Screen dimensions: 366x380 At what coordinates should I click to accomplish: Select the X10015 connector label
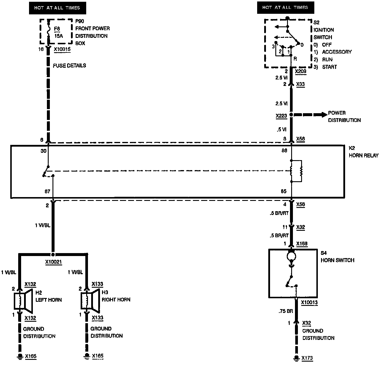coord(62,49)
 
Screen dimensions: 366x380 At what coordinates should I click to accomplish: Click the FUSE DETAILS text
coord(69,65)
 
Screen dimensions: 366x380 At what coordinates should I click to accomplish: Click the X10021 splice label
coord(53,262)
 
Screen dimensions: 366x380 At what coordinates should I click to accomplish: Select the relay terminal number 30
coord(43,151)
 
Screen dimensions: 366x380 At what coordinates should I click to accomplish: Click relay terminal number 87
coord(47,191)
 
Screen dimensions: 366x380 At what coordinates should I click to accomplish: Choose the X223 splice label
coord(281,116)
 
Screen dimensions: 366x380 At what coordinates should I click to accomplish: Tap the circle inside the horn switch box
coord(291,256)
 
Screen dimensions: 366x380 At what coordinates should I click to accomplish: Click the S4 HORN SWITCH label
coord(337,257)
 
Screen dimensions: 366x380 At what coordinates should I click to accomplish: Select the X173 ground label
coord(307,358)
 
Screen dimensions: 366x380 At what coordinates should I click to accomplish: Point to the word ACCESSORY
coord(337,52)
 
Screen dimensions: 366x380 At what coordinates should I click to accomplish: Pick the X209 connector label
coord(301,71)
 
